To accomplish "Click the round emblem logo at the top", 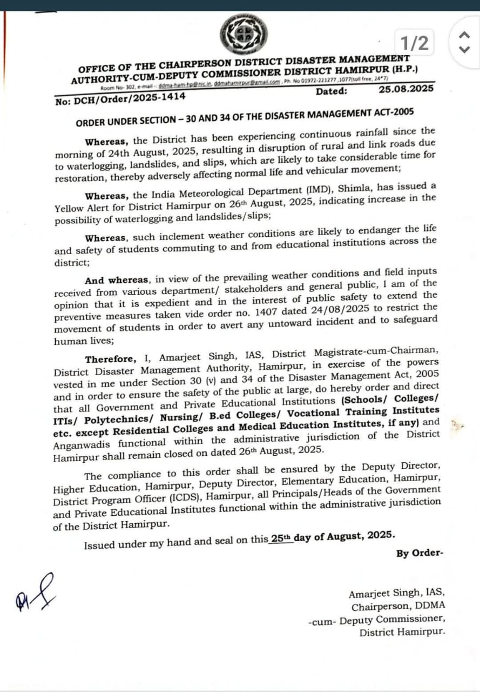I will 244,35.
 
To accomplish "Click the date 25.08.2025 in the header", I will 406,88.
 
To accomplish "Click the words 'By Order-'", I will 420,553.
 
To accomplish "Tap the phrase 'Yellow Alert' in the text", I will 82,208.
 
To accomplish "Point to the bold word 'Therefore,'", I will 109,360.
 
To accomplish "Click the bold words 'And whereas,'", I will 117,281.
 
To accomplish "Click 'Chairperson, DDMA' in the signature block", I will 398,607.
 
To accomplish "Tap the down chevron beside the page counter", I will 463,49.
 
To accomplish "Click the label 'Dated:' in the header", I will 332,91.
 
